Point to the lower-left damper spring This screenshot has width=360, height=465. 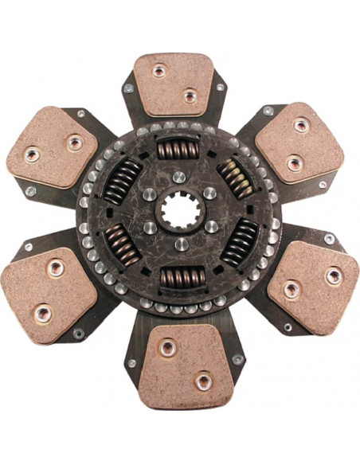(x=123, y=243)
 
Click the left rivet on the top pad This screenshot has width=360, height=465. (x=158, y=72)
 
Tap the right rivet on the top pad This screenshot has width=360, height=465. (x=190, y=96)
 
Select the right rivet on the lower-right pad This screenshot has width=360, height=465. (x=333, y=276)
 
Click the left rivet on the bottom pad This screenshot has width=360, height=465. (x=167, y=348)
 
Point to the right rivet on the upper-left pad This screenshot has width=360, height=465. (x=74, y=143)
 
